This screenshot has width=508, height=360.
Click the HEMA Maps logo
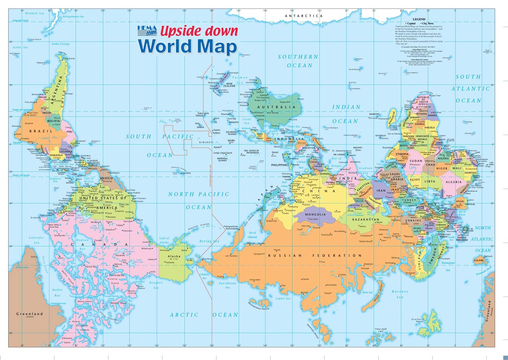[147, 30]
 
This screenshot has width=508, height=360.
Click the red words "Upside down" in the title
[199, 31]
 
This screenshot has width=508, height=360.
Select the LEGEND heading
[419, 19]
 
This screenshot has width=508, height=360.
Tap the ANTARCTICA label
[303, 16]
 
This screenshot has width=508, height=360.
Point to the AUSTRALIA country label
[276, 107]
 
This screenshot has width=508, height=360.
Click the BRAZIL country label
[41, 131]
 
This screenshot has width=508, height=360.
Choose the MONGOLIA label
[315, 215]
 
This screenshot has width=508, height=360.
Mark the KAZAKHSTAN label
[365, 220]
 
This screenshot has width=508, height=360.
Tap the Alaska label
[174, 256]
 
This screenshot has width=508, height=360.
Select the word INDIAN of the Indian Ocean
[346, 107]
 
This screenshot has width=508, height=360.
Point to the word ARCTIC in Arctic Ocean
[184, 315]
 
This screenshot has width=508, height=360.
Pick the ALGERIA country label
[453, 182]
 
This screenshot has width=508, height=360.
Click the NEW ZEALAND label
[229, 85]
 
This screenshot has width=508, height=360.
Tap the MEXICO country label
[107, 178]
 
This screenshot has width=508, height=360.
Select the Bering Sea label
[210, 241]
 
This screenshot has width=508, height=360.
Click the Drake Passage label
[61, 44]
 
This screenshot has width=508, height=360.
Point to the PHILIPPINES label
[280, 165]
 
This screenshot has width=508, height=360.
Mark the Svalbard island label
[418, 319]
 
